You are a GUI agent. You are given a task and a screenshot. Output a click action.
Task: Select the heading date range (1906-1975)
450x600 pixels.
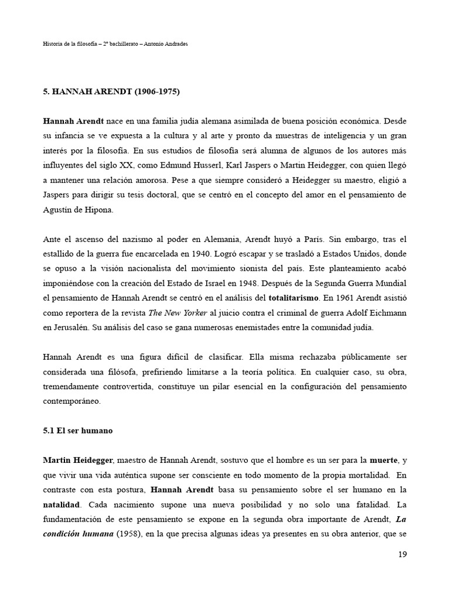[151, 91]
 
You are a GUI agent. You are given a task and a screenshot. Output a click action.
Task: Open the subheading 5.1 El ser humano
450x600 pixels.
[77, 431]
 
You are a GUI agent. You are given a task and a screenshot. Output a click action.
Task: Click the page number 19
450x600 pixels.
[401, 554]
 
